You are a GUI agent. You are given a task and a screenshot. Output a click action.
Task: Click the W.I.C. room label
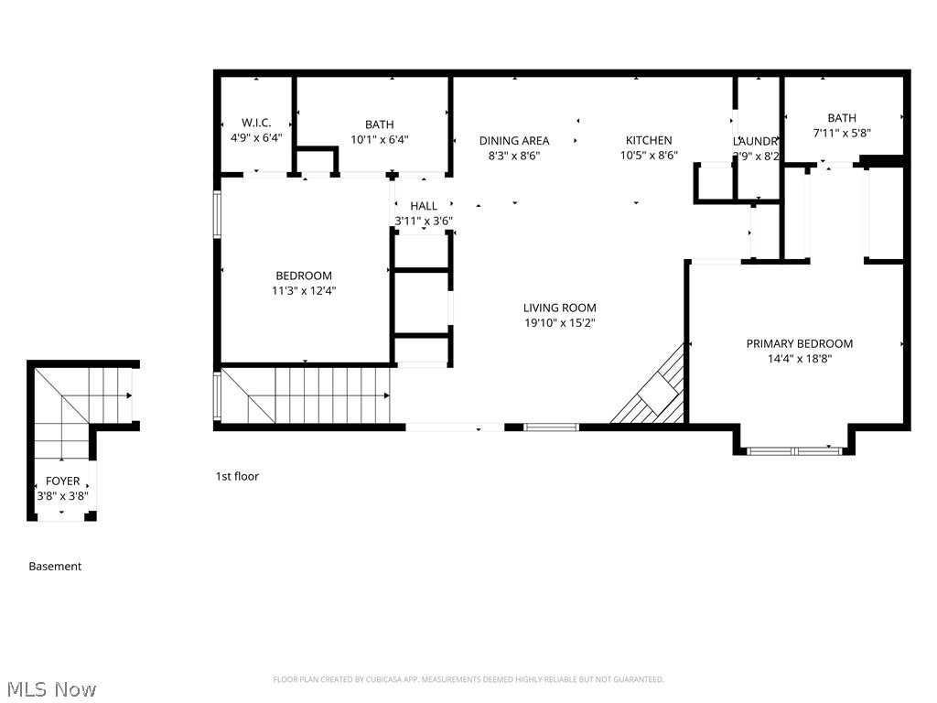click(x=256, y=123)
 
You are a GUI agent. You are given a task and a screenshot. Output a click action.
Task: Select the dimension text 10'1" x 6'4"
click(x=379, y=140)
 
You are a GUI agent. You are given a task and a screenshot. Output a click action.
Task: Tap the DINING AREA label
click(x=514, y=140)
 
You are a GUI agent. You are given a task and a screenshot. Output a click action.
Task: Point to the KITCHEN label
click(x=649, y=140)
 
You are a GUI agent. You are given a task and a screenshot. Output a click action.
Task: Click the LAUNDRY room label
click(x=756, y=141)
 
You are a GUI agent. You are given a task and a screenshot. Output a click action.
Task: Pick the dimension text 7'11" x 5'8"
click(x=842, y=133)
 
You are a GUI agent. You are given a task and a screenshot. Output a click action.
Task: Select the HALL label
click(x=424, y=206)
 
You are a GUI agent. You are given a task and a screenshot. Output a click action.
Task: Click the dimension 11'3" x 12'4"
click(x=304, y=291)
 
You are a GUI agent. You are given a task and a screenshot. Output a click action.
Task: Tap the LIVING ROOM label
click(x=560, y=308)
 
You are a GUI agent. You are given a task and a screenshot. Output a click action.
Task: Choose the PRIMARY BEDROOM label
click(x=800, y=343)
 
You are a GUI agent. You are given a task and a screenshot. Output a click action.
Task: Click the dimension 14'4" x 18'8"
click(x=800, y=359)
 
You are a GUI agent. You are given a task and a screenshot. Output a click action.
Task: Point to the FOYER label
click(x=62, y=481)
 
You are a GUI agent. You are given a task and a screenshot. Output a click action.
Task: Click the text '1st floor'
click(x=237, y=476)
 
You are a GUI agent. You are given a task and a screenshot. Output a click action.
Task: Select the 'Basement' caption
click(x=55, y=567)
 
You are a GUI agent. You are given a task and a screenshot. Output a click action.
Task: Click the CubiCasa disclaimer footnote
click(x=468, y=679)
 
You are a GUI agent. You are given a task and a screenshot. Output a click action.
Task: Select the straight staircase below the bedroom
click(x=307, y=395)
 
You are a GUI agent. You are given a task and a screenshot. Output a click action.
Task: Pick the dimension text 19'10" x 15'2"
click(x=560, y=323)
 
